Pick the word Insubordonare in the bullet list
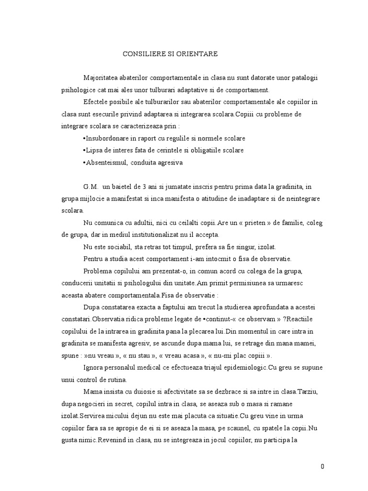point(106,138)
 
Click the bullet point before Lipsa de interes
point(84,151)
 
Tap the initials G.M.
point(91,187)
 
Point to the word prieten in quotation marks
point(257,223)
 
